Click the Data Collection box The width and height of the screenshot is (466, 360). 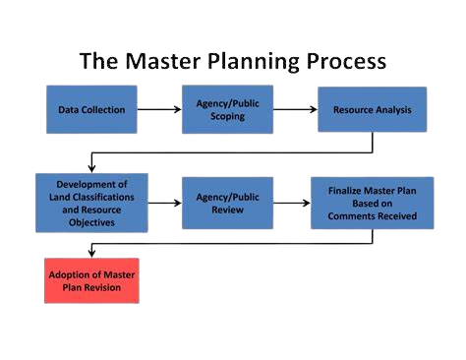[91, 109]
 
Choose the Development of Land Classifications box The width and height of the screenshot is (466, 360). [91, 202]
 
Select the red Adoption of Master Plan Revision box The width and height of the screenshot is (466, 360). [91, 279]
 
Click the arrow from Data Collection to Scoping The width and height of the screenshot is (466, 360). [159, 109]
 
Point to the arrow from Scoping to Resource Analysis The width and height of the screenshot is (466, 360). [294, 109]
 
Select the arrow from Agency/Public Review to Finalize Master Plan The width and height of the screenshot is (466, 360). [291, 202]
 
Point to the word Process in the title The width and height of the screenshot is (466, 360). [345, 62]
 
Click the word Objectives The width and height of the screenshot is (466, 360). [91, 223]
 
